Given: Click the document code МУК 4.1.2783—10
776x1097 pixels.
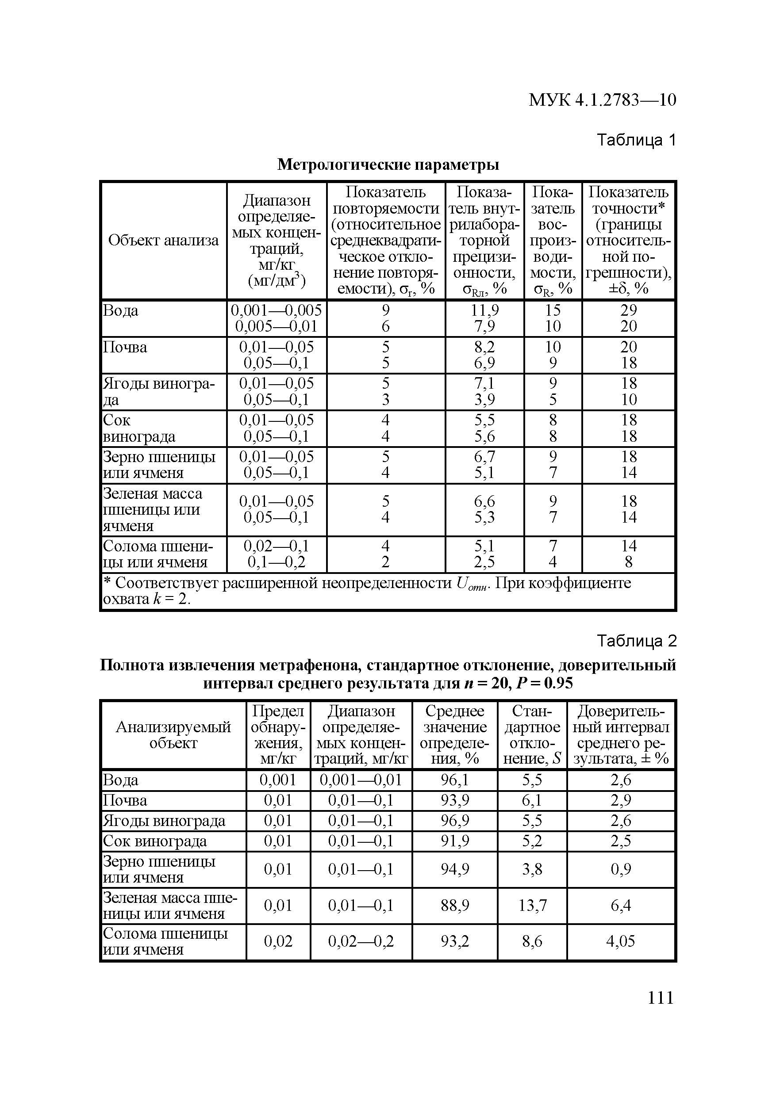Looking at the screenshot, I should (602, 100).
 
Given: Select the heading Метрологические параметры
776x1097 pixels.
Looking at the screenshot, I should (388, 165).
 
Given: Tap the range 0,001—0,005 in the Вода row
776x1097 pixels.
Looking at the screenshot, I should (277, 310).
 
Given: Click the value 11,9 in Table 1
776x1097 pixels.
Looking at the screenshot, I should (484, 310).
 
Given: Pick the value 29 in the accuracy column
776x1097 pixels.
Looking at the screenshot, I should (628, 310).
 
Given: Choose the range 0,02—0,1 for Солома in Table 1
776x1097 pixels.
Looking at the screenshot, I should (277, 546).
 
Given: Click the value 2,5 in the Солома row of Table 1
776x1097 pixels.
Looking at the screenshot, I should (484, 562).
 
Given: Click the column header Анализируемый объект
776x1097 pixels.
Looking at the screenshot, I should (173, 735).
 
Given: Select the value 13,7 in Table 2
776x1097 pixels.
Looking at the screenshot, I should (532, 905).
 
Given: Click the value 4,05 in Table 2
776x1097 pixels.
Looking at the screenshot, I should (621, 941).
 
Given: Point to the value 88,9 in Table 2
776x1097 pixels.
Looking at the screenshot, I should (455, 905).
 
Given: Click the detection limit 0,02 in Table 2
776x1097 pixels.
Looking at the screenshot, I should (278, 941).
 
